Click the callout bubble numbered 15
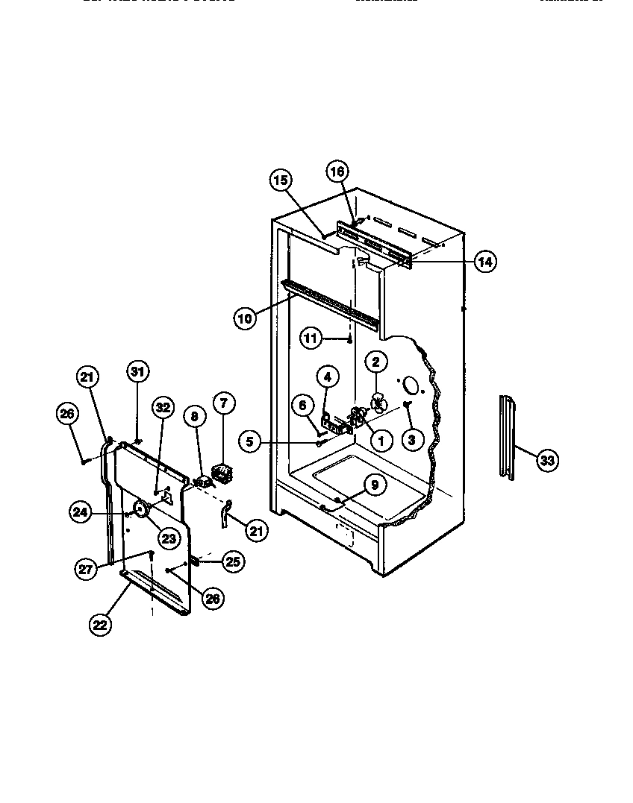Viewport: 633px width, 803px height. click(x=280, y=180)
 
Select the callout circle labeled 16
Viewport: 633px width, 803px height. click(x=337, y=171)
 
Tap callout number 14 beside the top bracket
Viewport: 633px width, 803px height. click(x=484, y=262)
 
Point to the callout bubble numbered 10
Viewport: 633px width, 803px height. click(x=244, y=318)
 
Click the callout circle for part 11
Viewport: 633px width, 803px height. click(x=311, y=338)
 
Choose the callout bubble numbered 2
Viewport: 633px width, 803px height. click(x=376, y=362)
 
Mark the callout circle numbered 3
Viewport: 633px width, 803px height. click(x=411, y=439)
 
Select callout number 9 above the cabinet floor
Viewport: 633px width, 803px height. click(x=375, y=485)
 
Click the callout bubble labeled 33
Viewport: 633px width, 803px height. click(x=547, y=460)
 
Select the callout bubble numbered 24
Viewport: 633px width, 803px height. click(x=81, y=511)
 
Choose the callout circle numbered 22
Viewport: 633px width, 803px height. click(x=100, y=624)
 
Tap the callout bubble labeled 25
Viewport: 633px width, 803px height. click(x=233, y=561)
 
